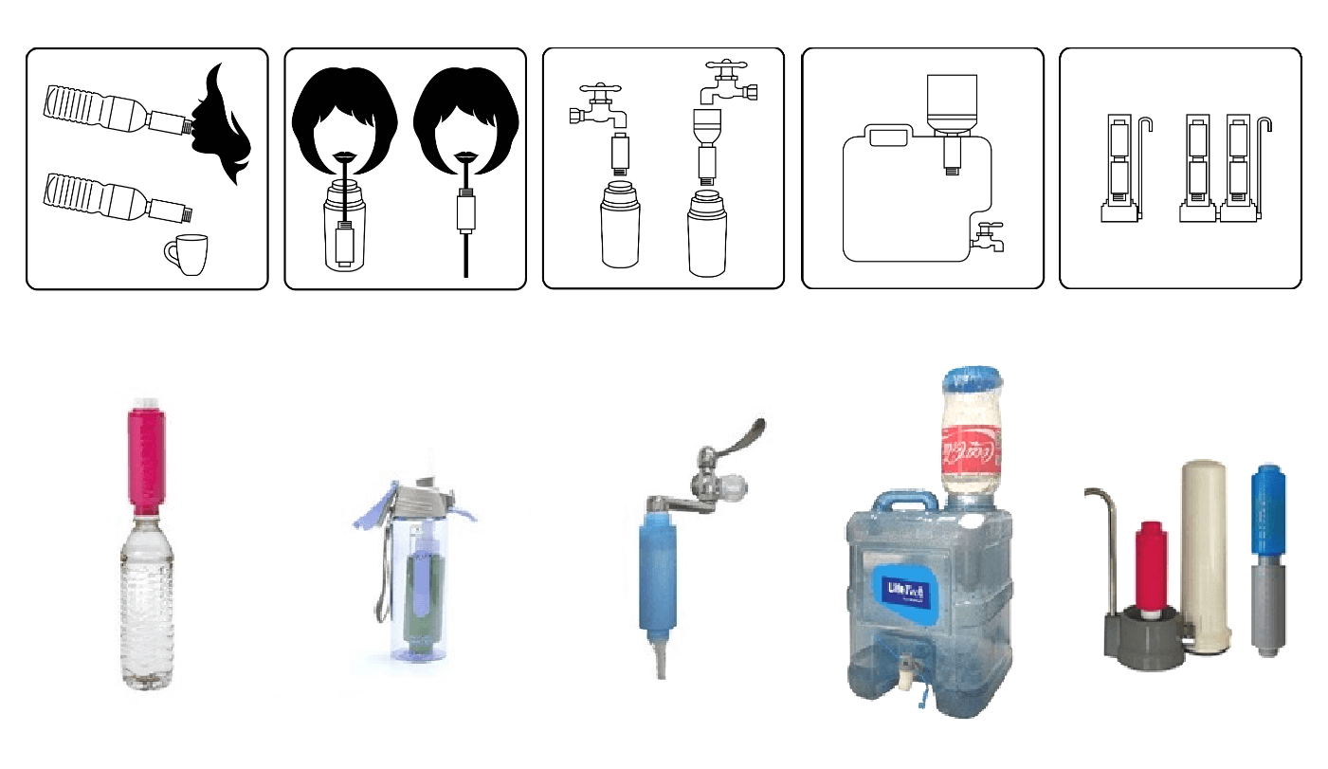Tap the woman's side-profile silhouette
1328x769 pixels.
(x=224, y=123)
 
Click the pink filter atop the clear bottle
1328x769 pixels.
(x=146, y=459)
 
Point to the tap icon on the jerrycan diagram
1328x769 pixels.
(x=986, y=236)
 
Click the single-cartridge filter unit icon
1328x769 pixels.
(x=1123, y=171)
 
